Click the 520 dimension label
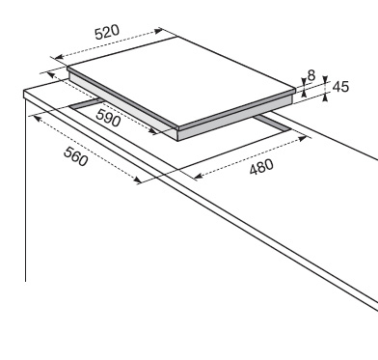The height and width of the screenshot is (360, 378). (107, 32)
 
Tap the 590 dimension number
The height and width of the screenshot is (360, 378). (109, 118)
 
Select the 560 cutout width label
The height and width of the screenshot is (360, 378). (75, 156)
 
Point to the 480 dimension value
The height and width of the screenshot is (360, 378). (261, 167)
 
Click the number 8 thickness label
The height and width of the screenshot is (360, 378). (311, 75)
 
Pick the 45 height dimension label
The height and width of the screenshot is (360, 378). (340, 87)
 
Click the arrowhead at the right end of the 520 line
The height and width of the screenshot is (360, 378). (159, 31)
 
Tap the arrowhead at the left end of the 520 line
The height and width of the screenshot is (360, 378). (59, 57)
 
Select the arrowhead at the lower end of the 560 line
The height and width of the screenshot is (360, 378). (137, 180)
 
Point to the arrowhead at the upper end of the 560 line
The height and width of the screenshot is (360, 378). (37, 119)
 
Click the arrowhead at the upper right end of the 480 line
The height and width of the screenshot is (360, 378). (303, 139)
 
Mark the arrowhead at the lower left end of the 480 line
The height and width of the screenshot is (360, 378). (199, 176)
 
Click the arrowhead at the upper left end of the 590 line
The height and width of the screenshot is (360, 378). (51, 75)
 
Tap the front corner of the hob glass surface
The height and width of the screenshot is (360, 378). (178, 126)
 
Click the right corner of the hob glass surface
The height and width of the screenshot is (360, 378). (295, 89)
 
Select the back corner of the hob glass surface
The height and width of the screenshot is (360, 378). (177, 37)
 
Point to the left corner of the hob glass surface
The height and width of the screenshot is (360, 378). (67, 67)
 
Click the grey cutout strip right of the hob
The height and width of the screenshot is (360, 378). (273, 124)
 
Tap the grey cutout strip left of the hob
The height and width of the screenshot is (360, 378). (87, 104)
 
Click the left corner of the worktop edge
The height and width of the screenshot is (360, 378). (24, 92)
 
